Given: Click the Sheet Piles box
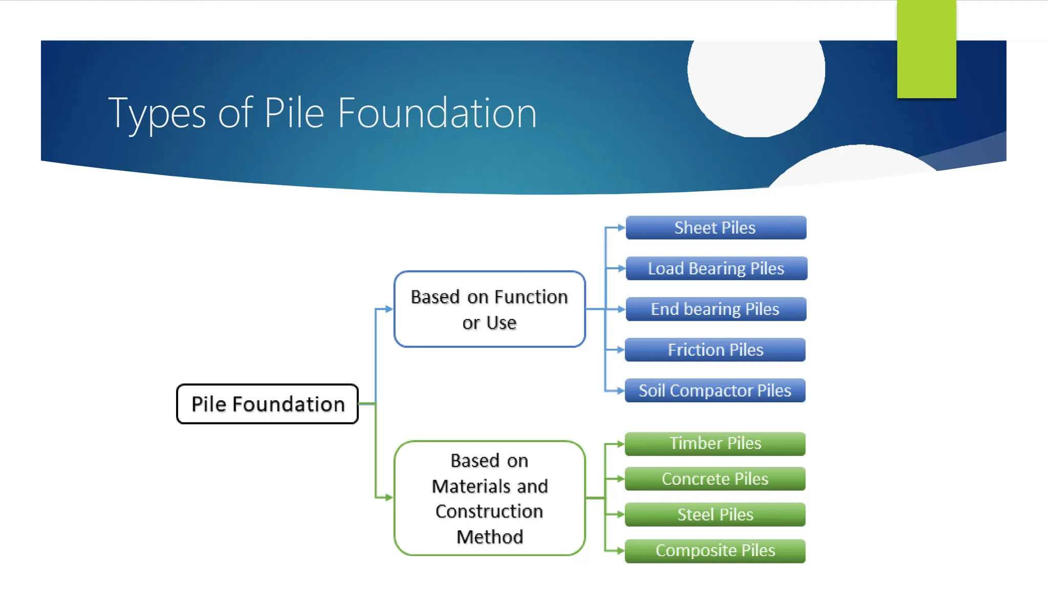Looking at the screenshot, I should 715,228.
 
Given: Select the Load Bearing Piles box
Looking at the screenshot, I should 716,268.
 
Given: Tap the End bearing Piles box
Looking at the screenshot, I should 715,309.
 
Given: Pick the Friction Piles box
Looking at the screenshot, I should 715,350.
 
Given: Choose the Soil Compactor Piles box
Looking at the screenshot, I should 715,391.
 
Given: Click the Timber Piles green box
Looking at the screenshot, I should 715,443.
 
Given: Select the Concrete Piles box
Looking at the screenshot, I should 715,479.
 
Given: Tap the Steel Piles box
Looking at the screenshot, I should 715,514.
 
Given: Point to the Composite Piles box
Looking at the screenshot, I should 715,551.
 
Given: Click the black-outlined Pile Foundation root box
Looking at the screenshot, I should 267,404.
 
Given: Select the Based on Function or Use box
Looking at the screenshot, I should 489,309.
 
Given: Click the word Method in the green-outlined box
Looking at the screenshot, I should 489,537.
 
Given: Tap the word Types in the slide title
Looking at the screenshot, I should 157,114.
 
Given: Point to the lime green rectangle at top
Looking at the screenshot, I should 926,49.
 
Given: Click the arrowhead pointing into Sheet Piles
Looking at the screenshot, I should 621,228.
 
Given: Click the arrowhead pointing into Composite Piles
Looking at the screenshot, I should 620,551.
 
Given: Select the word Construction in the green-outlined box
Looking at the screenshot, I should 489,511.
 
